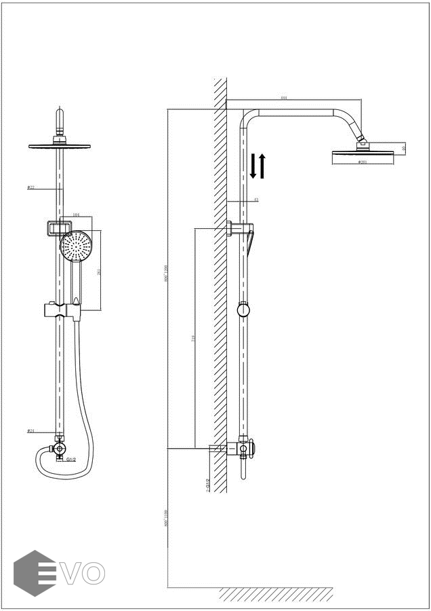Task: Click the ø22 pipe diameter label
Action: [x=31, y=187]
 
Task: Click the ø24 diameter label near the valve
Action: [x=31, y=430]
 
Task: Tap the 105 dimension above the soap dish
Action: [x=76, y=215]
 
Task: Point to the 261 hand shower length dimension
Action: [x=100, y=272]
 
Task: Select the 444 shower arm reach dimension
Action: [x=283, y=98]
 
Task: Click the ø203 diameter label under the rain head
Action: [x=363, y=162]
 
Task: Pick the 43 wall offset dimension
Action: [x=255, y=200]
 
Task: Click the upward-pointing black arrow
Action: [x=262, y=166]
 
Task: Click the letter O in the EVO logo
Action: [x=94, y=573]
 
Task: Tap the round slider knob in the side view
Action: [x=243, y=310]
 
